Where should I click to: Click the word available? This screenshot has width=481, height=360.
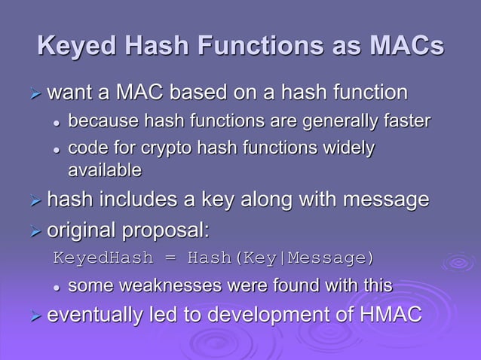105,170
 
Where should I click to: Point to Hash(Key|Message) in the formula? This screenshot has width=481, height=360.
280,258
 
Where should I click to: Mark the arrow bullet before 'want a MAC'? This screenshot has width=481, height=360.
33,94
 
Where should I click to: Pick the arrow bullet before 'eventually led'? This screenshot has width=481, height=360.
33,315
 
